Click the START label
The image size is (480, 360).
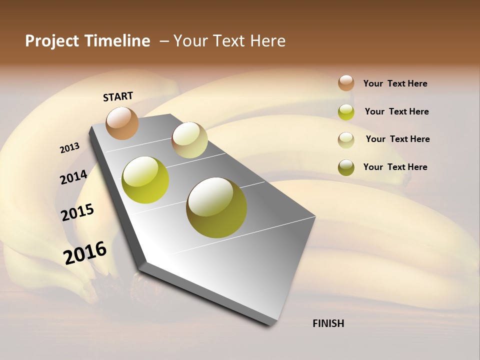(118, 96)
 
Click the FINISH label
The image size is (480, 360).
(328, 323)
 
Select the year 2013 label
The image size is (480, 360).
(69, 148)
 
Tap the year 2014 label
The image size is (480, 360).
(73, 177)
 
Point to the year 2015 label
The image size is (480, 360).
(77, 212)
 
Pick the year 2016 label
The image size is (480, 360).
(85, 252)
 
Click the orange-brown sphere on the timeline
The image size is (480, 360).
(122, 123)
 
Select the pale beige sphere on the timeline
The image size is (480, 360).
(189, 139)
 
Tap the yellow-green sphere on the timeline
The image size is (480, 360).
(145, 180)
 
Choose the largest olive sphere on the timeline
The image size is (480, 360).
(216, 207)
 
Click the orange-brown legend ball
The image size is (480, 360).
(346, 83)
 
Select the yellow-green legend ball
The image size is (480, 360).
(346, 112)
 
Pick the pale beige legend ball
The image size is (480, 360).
(346, 140)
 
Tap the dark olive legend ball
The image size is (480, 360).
(346, 167)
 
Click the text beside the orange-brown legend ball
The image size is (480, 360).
(395, 83)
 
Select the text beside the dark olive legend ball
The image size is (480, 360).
(395, 167)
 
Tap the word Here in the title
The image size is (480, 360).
(267, 41)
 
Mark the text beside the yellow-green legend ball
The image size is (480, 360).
(396, 111)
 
